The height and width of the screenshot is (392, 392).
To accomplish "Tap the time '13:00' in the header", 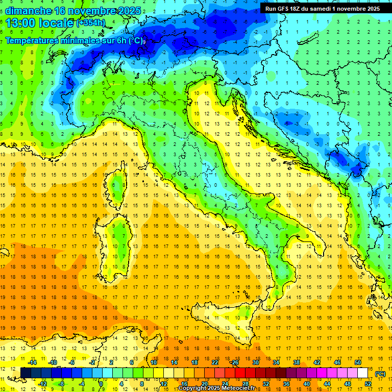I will [x=21, y=23].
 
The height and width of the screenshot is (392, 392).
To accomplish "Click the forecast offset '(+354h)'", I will [x=90, y=23].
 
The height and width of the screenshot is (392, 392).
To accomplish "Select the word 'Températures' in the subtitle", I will [x=32, y=40].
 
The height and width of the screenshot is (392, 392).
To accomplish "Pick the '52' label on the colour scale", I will [x=368, y=384].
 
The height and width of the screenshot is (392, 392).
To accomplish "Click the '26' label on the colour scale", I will [x=235, y=362].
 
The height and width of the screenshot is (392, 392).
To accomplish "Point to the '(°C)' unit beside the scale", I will [x=380, y=374].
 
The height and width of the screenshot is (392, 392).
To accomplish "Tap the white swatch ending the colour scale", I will [x=362, y=373].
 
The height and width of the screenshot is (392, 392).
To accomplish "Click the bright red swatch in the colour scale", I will [x=240, y=373].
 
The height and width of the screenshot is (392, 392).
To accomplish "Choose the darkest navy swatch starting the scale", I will [x=26, y=373].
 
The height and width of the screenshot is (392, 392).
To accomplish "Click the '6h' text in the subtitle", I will [x=121, y=40].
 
